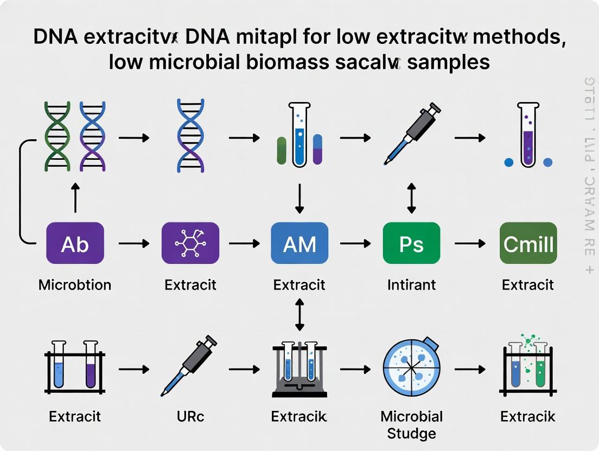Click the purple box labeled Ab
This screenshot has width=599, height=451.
(75, 243)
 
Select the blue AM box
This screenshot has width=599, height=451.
(299, 243)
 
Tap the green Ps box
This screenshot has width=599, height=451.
(411, 243)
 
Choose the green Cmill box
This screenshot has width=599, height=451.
(528, 243)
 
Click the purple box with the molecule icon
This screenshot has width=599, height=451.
(190, 243)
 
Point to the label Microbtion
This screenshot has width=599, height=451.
(75, 285)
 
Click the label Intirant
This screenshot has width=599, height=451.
(411, 285)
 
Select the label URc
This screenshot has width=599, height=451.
(190, 416)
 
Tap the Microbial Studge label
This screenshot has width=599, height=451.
(411, 424)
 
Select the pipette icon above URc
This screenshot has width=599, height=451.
(189, 365)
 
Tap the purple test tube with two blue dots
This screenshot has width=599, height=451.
(527, 136)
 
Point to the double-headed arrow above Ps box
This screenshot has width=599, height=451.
(411, 198)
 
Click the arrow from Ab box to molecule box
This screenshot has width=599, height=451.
(133, 243)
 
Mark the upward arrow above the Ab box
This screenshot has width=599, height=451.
(75, 198)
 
